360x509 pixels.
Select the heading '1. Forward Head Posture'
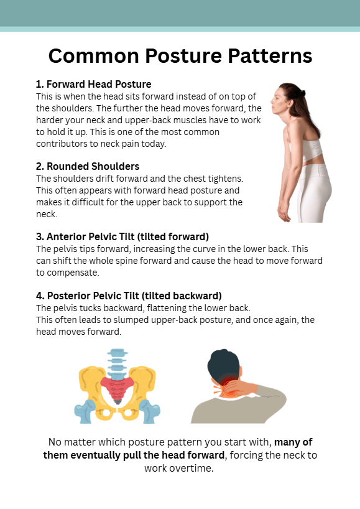click(93, 84)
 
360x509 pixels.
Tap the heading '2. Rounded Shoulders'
click(88, 166)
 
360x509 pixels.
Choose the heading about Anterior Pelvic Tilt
click(122, 236)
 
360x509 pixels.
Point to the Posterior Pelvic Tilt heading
click(129, 296)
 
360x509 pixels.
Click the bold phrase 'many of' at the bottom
click(293, 442)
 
